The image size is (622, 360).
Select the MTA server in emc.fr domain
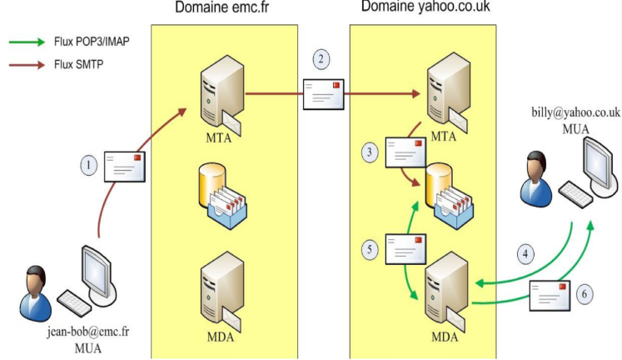coord(218,97)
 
